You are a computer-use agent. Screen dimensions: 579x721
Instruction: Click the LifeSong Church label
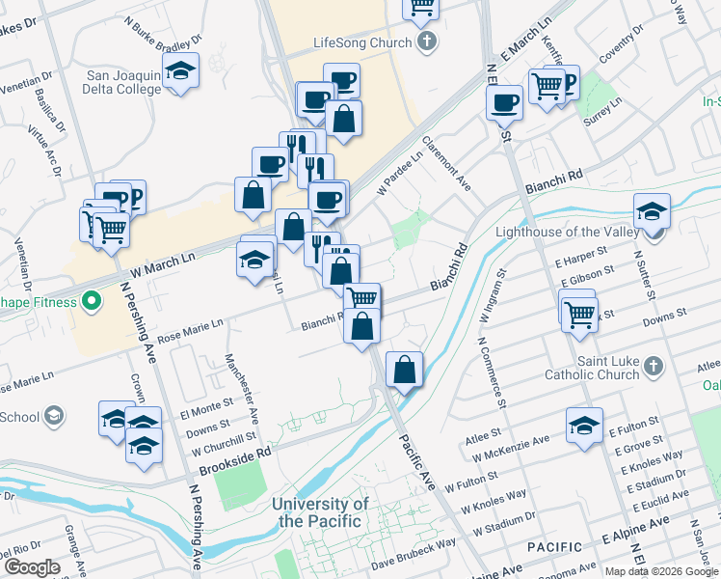(x=361, y=43)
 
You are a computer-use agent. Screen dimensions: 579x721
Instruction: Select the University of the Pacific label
(x=320, y=512)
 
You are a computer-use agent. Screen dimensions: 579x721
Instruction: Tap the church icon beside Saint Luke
(x=654, y=367)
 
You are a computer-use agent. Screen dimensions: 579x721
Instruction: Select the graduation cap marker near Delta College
(x=180, y=71)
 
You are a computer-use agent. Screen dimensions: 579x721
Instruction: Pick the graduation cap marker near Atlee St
(x=585, y=425)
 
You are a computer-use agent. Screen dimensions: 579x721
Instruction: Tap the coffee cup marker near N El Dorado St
(x=504, y=100)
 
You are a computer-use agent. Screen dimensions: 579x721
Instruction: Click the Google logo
(x=32, y=567)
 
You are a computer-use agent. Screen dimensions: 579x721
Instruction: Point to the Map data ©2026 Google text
(x=660, y=571)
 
